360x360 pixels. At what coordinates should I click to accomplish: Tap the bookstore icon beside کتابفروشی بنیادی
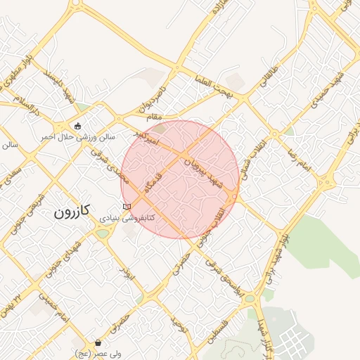(127, 207)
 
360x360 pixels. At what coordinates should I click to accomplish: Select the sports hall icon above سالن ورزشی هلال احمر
(77, 126)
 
